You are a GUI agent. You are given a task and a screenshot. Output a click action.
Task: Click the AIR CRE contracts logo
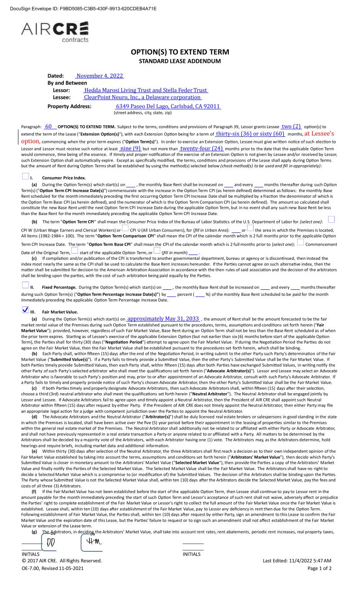55,32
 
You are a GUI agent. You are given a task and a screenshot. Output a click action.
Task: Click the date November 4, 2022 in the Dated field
100,76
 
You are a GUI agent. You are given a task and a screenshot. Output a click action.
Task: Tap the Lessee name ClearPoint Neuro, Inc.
142,97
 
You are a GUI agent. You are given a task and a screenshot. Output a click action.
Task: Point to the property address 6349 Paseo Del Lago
168,106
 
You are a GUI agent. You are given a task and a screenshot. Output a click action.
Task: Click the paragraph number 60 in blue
50,126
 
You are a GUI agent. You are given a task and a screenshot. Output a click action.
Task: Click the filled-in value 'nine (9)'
130,149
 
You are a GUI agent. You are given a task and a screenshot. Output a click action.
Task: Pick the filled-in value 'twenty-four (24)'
201,149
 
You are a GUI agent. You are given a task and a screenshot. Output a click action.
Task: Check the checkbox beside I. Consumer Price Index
25,177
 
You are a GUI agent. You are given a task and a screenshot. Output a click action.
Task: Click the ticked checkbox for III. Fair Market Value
25,310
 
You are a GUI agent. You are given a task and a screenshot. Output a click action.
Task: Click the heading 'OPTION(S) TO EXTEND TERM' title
180,52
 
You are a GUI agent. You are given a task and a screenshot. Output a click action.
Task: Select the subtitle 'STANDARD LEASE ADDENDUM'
180,61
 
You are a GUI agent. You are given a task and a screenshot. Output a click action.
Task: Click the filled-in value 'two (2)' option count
291,126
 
